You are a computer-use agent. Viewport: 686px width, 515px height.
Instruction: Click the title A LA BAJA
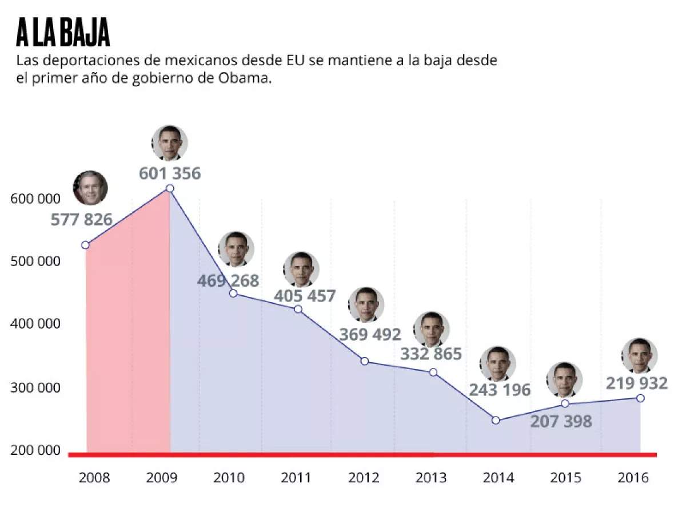click(x=63, y=33)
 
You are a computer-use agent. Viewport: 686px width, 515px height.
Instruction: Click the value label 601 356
click(x=170, y=173)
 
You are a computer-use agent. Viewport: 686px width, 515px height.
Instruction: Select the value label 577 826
click(x=82, y=219)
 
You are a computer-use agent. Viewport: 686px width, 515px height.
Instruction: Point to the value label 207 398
click(x=561, y=422)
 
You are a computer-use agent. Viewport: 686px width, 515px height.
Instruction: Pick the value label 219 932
click(x=636, y=383)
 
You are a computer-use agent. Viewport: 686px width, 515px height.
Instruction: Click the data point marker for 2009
click(x=170, y=188)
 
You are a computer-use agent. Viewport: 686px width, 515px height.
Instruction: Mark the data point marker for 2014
click(x=496, y=421)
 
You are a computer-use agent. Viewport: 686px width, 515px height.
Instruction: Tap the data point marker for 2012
click(x=365, y=361)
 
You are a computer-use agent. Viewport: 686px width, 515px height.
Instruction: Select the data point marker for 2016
click(x=640, y=398)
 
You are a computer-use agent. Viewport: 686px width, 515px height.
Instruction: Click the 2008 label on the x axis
click(x=95, y=478)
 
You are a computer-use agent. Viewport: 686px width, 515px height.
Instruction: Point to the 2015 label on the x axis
click(x=566, y=478)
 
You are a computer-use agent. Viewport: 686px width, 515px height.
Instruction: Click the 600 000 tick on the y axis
click(x=35, y=199)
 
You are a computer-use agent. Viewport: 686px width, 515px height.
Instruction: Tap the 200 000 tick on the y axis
click(x=35, y=450)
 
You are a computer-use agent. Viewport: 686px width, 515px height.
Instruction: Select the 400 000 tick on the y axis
click(x=35, y=324)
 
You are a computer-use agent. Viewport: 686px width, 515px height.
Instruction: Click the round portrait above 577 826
click(x=90, y=188)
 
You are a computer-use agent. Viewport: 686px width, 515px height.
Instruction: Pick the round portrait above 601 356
click(x=170, y=143)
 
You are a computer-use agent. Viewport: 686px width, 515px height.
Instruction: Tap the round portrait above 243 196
click(x=498, y=364)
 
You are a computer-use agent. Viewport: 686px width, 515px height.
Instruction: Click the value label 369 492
click(x=370, y=334)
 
